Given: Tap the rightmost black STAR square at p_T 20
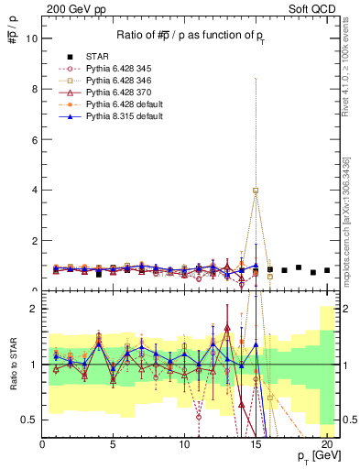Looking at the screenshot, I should (x=327, y=270).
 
